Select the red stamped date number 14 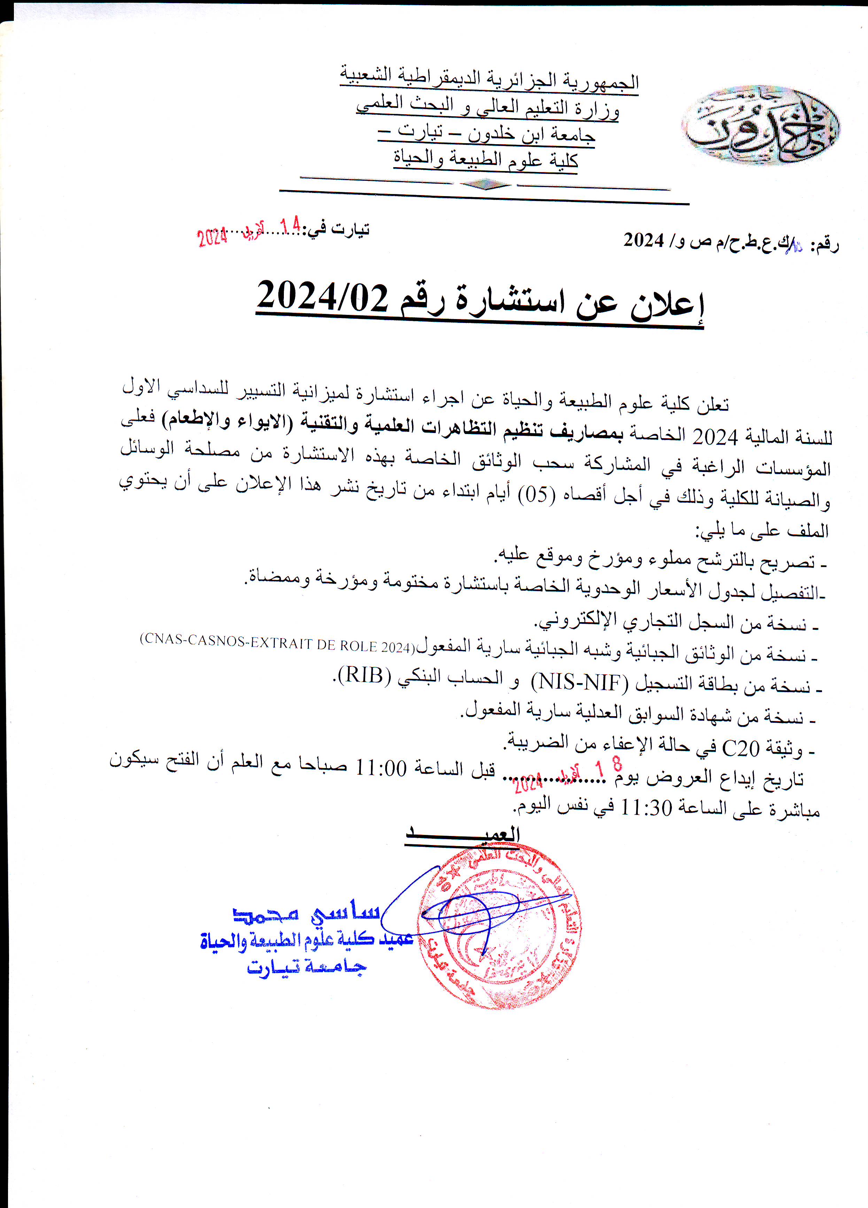tap(291, 226)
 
